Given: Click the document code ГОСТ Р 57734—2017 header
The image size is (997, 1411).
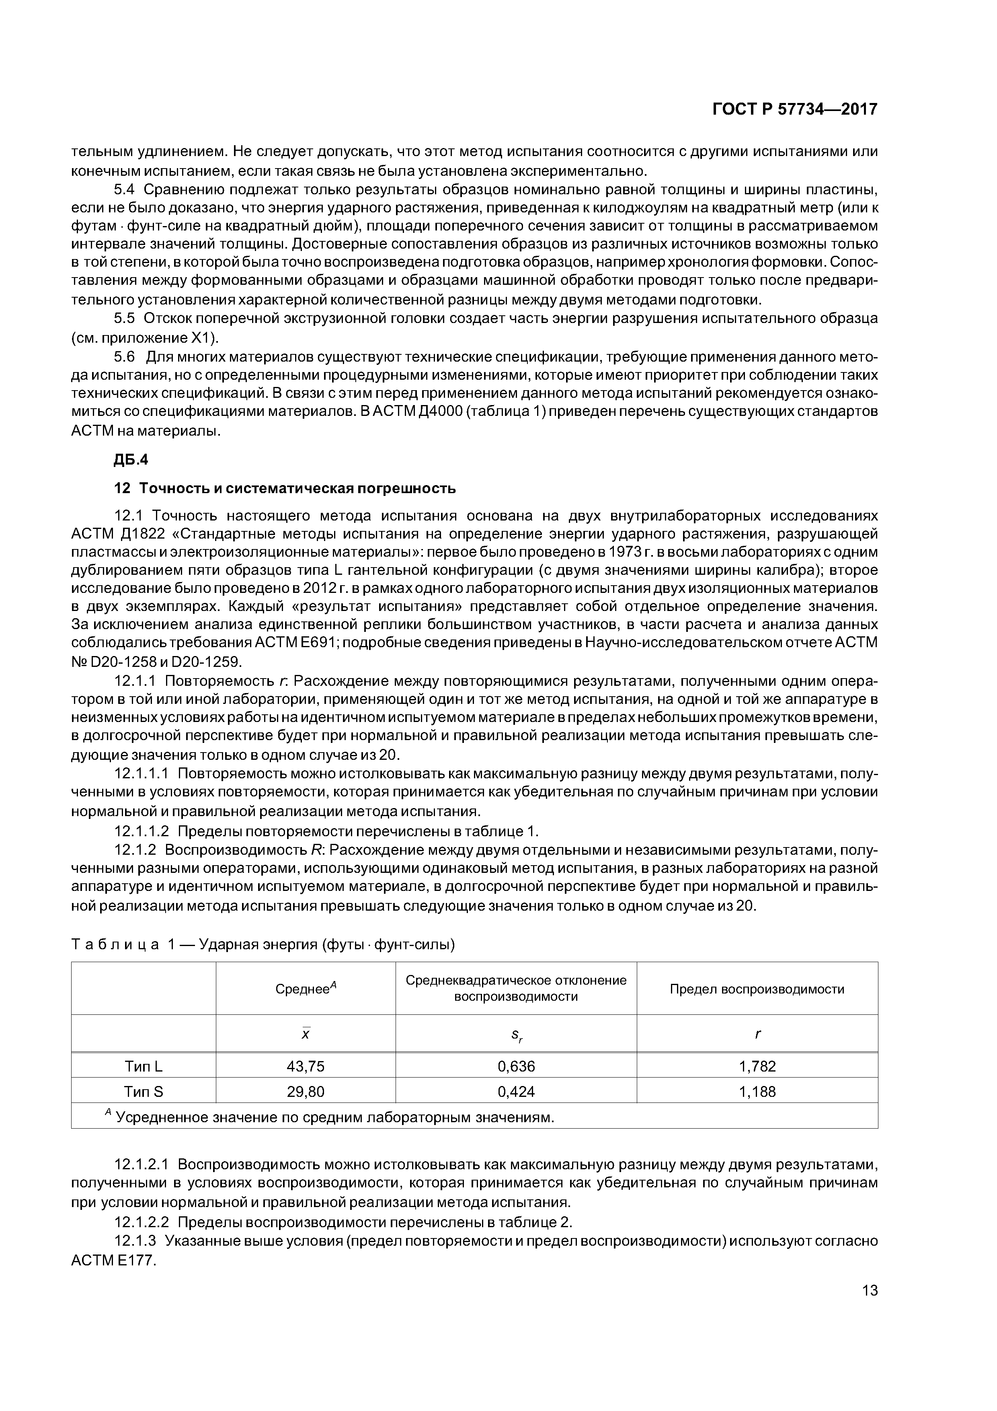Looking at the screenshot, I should click(x=794, y=109).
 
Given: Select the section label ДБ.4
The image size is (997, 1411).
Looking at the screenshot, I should click(x=131, y=460).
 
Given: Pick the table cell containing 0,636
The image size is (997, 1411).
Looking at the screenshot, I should click(x=516, y=1066).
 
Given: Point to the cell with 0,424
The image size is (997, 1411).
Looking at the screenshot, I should click(x=516, y=1092).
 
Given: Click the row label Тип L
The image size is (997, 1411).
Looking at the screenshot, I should click(x=144, y=1066).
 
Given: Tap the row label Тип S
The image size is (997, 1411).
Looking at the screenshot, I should click(x=144, y=1092).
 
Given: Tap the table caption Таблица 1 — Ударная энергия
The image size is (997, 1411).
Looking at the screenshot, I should click(x=263, y=944).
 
